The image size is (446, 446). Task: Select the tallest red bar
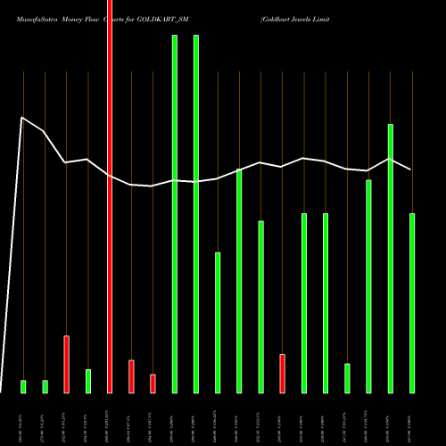pos(110,196)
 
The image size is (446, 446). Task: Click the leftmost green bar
pos(23,386)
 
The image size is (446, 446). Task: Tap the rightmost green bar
pos(412,303)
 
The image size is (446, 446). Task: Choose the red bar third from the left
pos(131,376)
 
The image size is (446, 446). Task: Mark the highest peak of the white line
pos(23,117)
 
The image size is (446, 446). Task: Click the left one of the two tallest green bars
pos(175,214)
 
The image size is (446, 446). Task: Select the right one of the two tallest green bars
pos(196,214)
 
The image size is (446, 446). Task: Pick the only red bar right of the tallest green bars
pos(283,373)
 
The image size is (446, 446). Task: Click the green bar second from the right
pos(391,259)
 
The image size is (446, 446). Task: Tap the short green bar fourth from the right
pos(347,378)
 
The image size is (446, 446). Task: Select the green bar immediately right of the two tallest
pos(218,323)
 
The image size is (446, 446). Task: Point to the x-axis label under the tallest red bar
pos(110,419)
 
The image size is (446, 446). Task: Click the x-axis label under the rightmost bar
pos(412,419)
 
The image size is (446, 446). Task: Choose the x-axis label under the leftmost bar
pos(23,419)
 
